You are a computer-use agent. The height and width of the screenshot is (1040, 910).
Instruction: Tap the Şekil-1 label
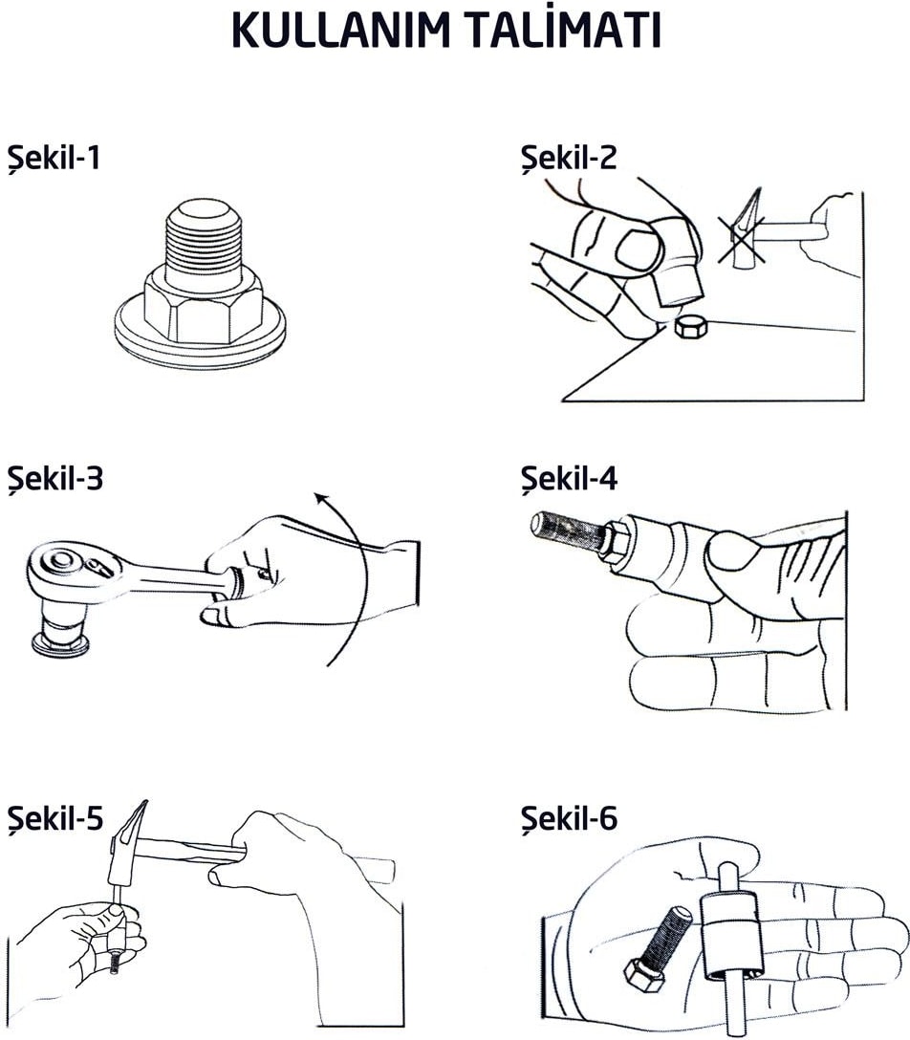pyautogui.click(x=54, y=159)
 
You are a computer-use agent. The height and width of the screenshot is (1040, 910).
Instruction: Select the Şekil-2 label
pyautogui.click(x=569, y=159)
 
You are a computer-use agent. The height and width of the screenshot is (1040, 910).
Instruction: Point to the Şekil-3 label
pyautogui.click(x=55, y=478)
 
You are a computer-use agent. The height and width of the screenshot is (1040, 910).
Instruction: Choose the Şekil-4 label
pyautogui.click(x=569, y=478)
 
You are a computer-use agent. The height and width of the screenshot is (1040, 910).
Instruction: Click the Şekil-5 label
pyautogui.click(x=55, y=818)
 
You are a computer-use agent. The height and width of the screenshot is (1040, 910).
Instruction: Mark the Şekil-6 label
pyautogui.click(x=569, y=818)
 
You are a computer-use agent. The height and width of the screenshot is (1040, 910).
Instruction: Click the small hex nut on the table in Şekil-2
pyautogui.click(x=692, y=326)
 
